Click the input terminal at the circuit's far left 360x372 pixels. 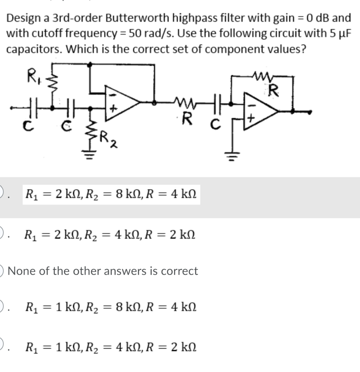[12, 108]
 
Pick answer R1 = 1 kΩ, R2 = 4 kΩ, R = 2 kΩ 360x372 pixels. [111, 348]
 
